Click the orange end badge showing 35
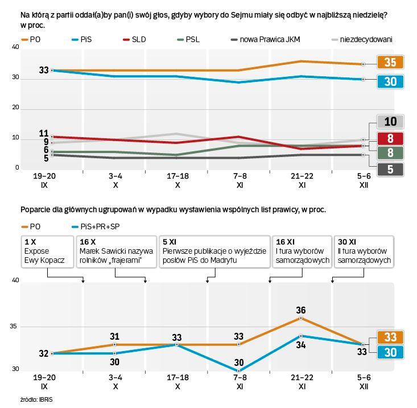pyautogui.click(x=391, y=63)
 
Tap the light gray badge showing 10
pyautogui.click(x=391, y=121)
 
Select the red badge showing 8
pyautogui.click(x=391, y=138)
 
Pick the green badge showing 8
pyautogui.click(x=391, y=153)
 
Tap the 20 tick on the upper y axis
pyautogui.click(x=15, y=108)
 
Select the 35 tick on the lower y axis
pyautogui.click(x=15, y=327)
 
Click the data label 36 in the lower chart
pyautogui.click(x=302, y=310)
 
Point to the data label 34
pyautogui.click(x=302, y=344)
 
